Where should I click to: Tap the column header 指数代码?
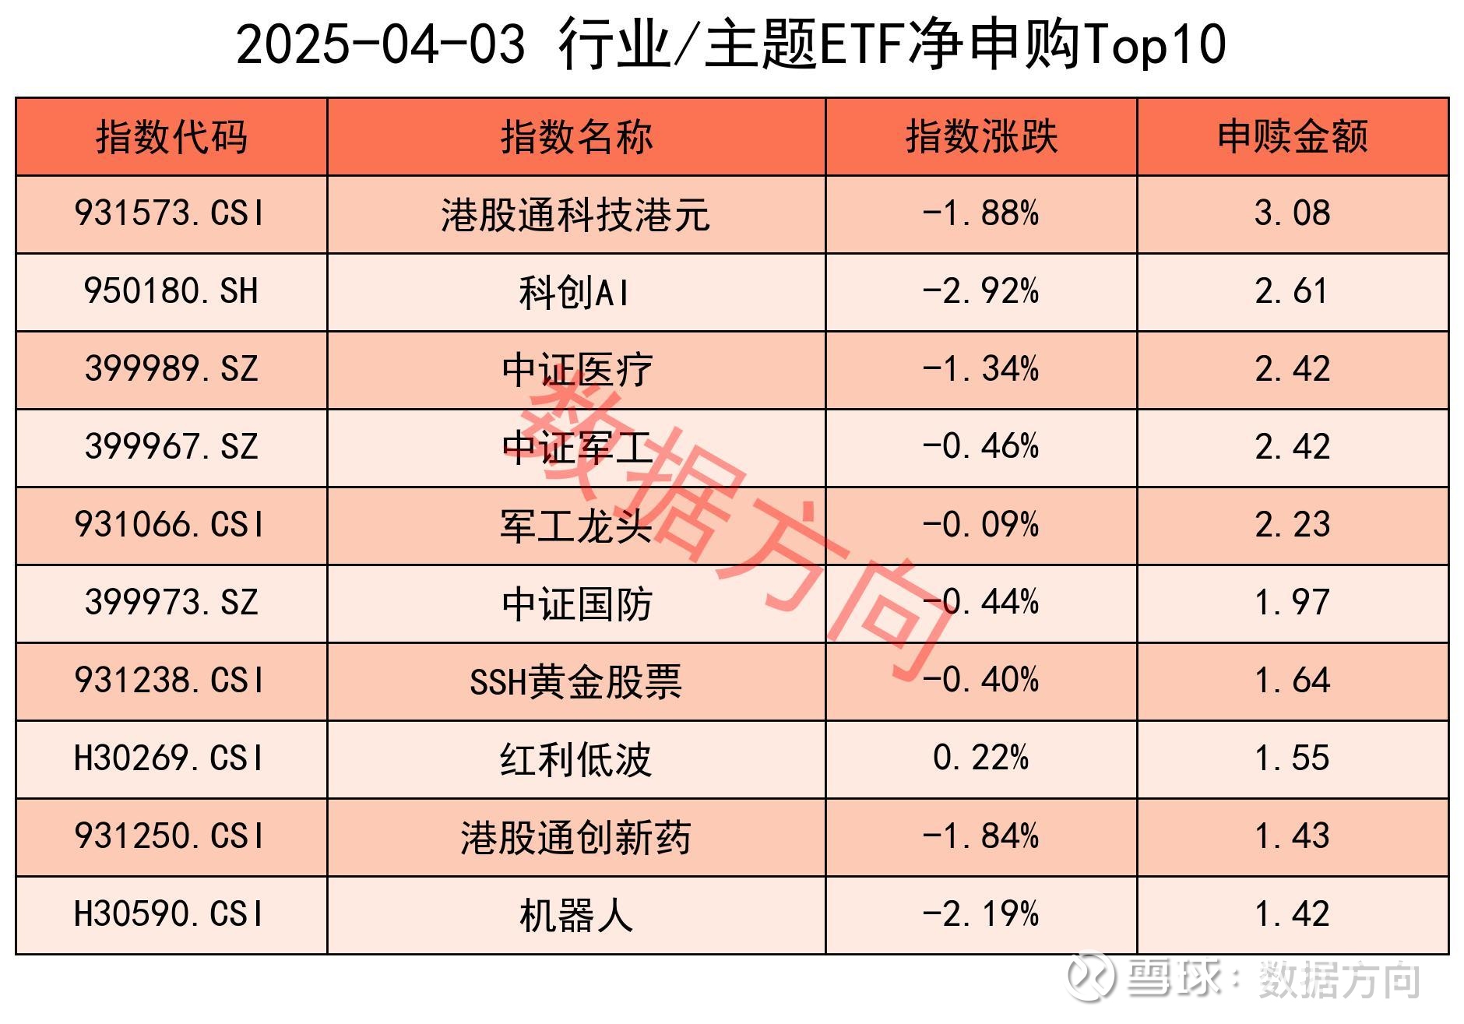coord(171,137)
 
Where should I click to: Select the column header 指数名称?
coord(576,137)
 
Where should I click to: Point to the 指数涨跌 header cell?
coord(981,137)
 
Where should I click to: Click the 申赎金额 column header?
coord(1293,137)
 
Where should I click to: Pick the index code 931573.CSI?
coord(170,213)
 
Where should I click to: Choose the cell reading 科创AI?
coord(575,292)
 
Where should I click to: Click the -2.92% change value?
coord(980,291)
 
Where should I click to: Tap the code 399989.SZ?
coord(171,369)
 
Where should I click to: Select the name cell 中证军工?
coord(576,448)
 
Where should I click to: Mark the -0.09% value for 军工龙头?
coord(980,525)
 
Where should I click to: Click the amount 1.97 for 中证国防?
coord(1293,603)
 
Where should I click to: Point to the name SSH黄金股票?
coord(576,681)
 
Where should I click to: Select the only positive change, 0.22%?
coord(980,758)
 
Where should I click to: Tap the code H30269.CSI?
coord(170,758)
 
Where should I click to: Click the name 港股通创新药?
coord(576,838)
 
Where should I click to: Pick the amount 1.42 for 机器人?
coord(1293,914)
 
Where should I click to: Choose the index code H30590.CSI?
coord(170,914)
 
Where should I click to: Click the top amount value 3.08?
coord(1293,213)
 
